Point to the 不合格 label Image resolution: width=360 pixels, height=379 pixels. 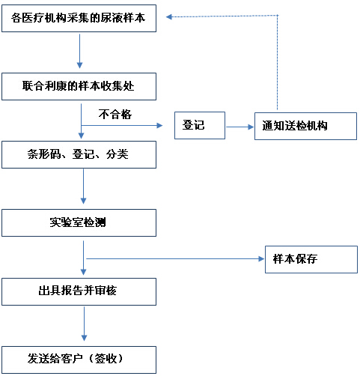click(x=115, y=115)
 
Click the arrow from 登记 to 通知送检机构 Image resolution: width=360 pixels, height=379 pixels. click(x=240, y=127)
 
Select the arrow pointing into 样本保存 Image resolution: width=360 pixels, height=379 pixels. click(x=175, y=259)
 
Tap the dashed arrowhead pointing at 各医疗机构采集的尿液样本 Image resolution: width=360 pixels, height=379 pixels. click(x=169, y=16)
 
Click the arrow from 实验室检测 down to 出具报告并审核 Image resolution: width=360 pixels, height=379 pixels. click(x=84, y=258)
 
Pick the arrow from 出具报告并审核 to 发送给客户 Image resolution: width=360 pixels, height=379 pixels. click(x=85, y=324)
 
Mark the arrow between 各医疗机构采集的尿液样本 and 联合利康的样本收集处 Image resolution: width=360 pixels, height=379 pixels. click(x=80, y=51)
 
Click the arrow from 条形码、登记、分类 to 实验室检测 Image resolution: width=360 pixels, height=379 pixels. click(x=84, y=187)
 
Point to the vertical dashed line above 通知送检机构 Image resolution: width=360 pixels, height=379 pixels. click(x=278, y=62)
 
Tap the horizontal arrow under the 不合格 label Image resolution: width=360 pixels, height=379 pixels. click(x=122, y=125)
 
